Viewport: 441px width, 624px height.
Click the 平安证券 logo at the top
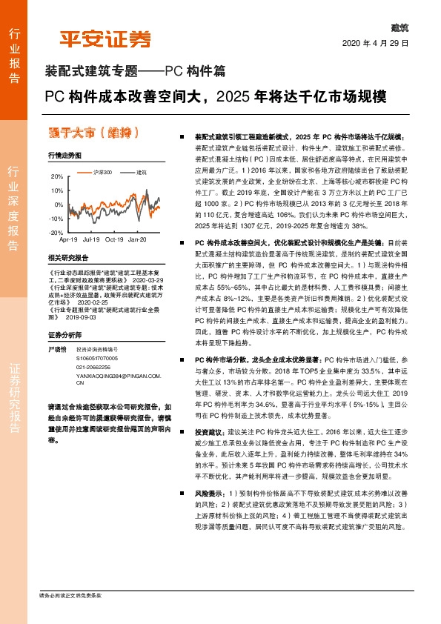point(105,38)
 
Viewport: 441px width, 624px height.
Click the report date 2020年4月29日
point(377,42)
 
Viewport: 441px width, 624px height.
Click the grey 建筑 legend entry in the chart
point(141,172)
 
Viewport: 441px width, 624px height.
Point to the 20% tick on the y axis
point(57,177)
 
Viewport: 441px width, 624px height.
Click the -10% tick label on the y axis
point(56,219)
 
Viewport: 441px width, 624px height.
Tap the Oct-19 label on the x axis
point(114,240)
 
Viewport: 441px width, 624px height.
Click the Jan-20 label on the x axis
point(137,240)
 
